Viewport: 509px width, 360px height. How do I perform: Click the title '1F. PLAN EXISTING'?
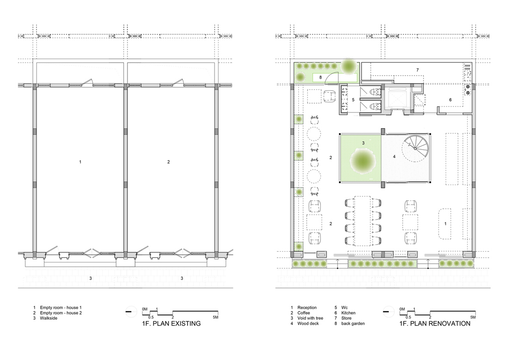(171, 323)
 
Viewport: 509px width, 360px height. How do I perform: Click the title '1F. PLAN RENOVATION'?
(435, 323)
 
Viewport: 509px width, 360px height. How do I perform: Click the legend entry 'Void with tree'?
(310, 318)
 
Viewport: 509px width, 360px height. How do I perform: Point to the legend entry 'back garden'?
(353, 323)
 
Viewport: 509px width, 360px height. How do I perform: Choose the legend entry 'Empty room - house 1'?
(61, 307)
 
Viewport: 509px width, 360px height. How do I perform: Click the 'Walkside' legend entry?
(49, 318)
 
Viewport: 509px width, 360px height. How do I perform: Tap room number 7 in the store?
(418, 70)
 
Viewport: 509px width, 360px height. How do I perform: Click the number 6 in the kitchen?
(450, 99)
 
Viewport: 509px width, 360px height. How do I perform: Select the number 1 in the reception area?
(445, 223)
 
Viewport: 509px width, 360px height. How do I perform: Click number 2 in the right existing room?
(168, 161)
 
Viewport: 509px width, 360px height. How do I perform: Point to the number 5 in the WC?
(354, 99)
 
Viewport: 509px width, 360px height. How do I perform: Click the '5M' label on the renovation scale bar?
(472, 317)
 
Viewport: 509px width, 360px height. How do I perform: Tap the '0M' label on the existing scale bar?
(145, 309)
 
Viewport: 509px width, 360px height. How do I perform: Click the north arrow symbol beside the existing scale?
(131, 312)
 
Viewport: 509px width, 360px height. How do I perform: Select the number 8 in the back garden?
(320, 77)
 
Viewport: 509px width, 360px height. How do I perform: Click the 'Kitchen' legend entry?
(348, 313)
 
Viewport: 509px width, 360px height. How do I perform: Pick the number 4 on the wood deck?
(394, 156)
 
